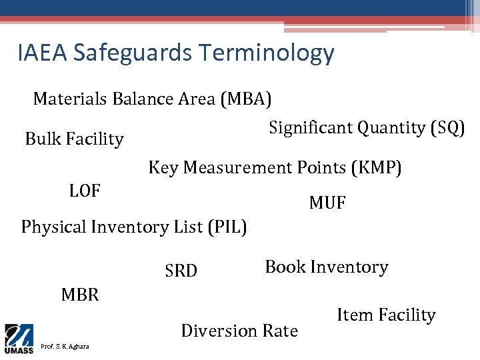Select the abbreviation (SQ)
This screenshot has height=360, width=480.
[x=448, y=127]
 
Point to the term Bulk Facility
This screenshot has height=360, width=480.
[x=74, y=139]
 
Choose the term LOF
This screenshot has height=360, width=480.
[x=85, y=191]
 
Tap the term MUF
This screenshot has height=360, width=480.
[x=327, y=203]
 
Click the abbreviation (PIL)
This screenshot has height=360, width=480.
[x=228, y=227]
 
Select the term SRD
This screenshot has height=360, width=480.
[x=181, y=271]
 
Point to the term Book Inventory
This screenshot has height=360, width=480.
[x=327, y=267]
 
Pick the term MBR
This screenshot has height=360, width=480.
[x=80, y=295]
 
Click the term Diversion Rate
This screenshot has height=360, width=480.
[x=239, y=331]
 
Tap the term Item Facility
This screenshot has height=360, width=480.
[x=386, y=315]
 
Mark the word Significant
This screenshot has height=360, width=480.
[x=310, y=127]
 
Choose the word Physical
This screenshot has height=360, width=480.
[x=54, y=227]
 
